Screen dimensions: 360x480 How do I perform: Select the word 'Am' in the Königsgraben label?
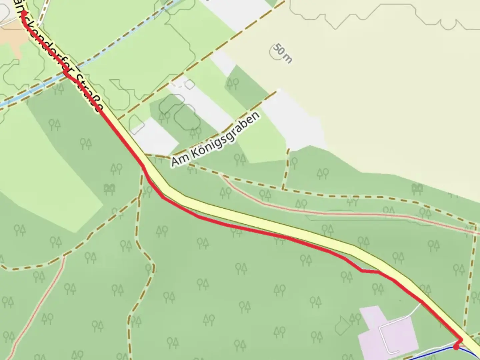[177, 160]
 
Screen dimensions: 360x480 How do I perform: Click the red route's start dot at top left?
[24, 13]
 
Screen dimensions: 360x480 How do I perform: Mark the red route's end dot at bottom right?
[456, 347]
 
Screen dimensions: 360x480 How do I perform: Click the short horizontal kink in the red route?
[370, 272]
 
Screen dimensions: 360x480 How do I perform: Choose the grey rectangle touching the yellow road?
[155, 137]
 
